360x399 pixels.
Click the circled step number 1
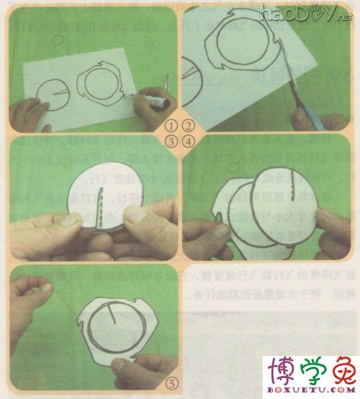(x=171, y=125)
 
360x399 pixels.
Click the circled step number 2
(x=188, y=125)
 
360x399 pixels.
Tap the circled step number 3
(x=171, y=140)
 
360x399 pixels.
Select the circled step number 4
(x=188, y=140)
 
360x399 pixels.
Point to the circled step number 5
(x=170, y=381)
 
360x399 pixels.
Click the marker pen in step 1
(x=149, y=100)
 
